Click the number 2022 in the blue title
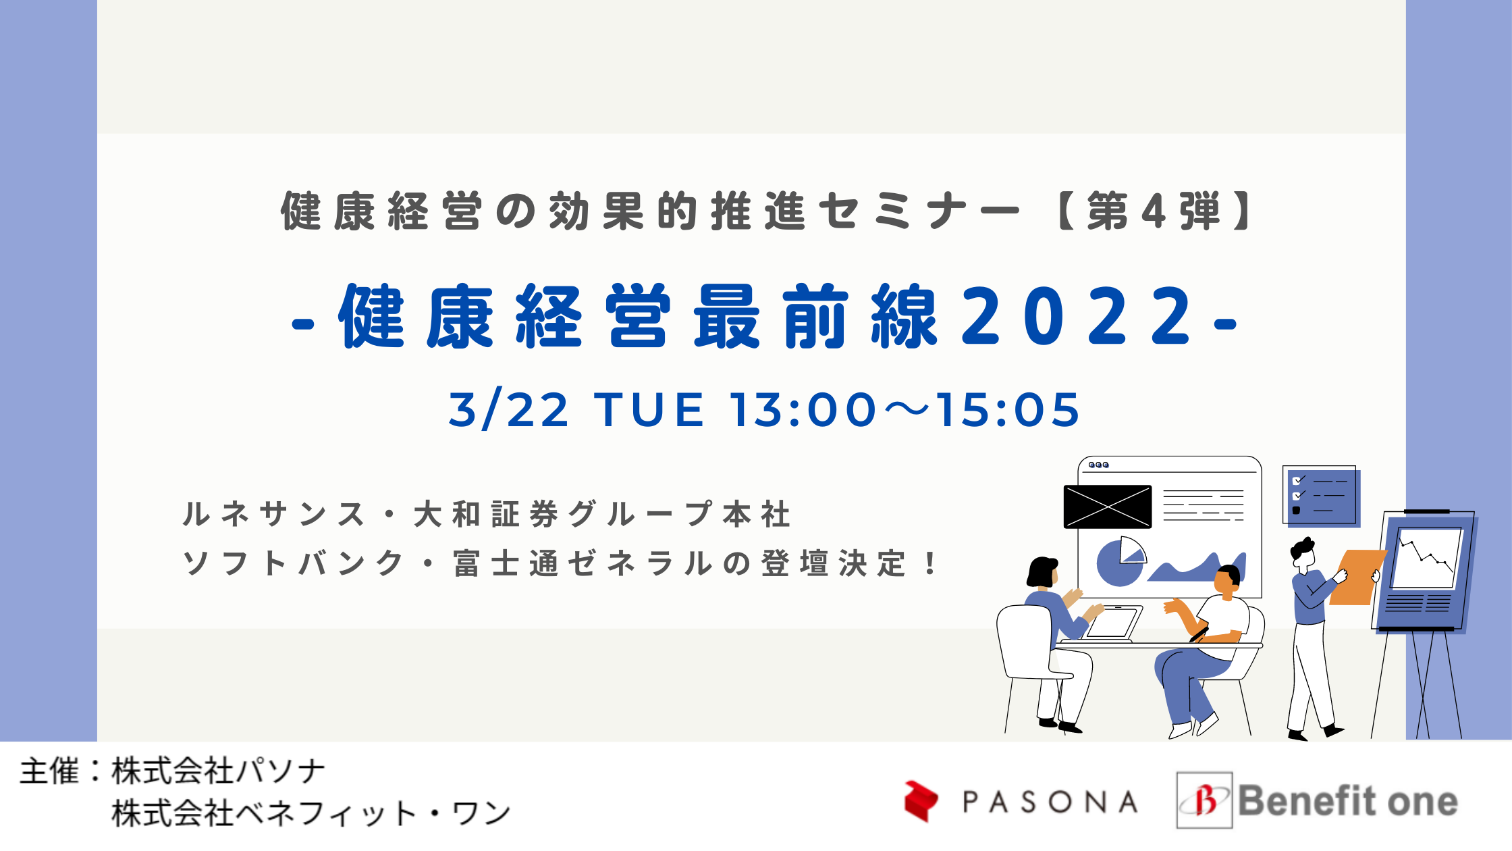click(x=1077, y=315)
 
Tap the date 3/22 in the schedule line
click(x=509, y=409)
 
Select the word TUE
click(x=649, y=409)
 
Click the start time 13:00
click(x=803, y=409)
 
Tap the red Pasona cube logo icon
click(x=921, y=801)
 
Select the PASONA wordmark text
click(x=1050, y=802)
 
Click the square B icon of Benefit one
click(x=1204, y=800)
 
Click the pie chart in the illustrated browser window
click(x=1120, y=561)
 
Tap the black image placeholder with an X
click(x=1108, y=507)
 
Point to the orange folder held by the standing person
click(x=1357, y=577)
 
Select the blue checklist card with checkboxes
click(x=1320, y=496)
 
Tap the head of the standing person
click(x=1303, y=552)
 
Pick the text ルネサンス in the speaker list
click(x=273, y=514)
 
